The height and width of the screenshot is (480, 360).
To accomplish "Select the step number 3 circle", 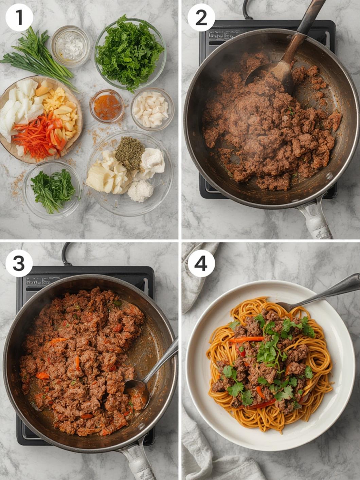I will [19, 263].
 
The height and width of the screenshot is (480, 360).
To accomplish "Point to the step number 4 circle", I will [201, 263].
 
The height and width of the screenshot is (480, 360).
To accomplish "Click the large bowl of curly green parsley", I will [130, 51].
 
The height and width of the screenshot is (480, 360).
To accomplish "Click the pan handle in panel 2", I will [314, 219].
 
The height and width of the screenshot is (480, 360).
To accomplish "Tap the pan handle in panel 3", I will [136, 462].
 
